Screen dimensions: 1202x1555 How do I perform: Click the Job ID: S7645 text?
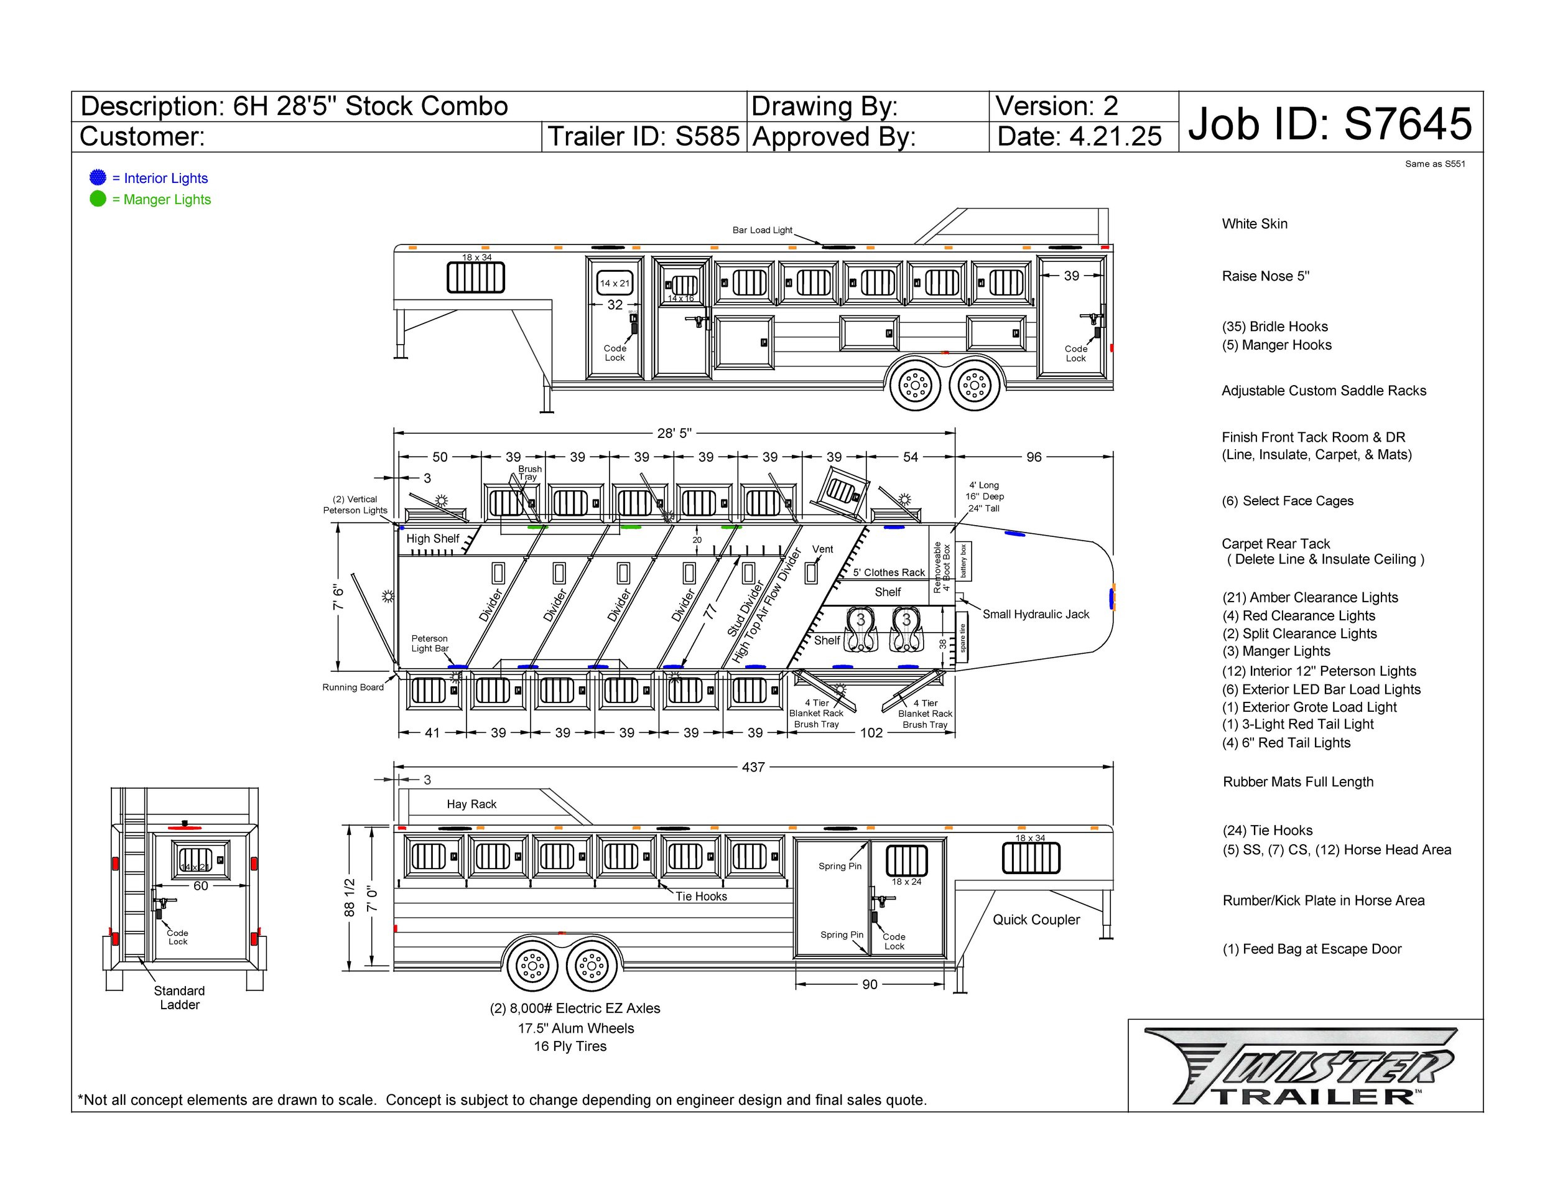pos(1329,123)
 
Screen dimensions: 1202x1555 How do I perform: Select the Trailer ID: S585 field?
pos(643,136)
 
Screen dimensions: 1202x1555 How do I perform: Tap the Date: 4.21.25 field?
pos(1079,136)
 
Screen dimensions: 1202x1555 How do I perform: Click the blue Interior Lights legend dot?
pos(98,177)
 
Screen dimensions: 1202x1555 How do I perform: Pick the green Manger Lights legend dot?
pos(98,198)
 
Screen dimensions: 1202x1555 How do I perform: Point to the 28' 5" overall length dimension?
pos(674,433)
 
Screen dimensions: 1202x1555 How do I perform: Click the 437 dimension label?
pos(753,767)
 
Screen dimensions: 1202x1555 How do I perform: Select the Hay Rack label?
pos(471,804)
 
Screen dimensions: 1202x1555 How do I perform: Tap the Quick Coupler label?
pos(1036,920)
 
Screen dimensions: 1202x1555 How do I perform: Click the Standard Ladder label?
pos(179,998)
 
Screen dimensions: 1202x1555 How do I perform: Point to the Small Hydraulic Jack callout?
pos(1035,614)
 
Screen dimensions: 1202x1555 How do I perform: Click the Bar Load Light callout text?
pos(762,230)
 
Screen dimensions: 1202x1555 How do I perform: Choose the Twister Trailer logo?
pos(1301,1066)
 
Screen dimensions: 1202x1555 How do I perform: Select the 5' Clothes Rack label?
pos(889,572)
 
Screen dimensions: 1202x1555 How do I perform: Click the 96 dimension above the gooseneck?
pos(1033,457)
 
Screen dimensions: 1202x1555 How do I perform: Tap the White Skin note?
pos(1255,223)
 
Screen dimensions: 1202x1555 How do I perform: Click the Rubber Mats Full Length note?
pos(1298,782)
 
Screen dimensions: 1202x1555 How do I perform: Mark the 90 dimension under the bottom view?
pos(870,984)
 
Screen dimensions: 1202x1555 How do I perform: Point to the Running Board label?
pos(353,687)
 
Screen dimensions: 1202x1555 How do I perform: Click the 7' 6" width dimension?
pos(339,597)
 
